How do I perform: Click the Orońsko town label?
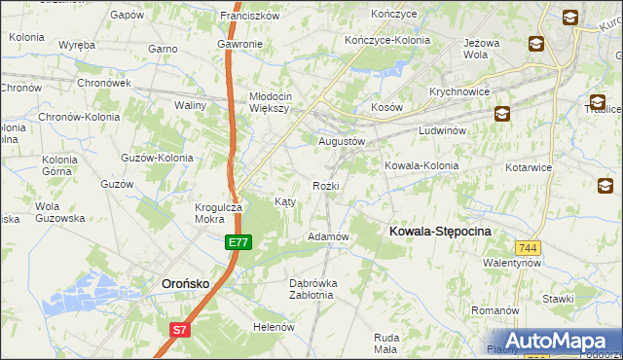[x=182, y=283]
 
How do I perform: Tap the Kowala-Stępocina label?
[x=440, y=231]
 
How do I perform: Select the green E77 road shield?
[x=238, y=242]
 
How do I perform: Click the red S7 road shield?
[x=179, y=330]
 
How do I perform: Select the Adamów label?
[x=328, y=236]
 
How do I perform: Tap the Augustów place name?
[x=342, y=140]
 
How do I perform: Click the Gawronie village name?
[x=239, y=45]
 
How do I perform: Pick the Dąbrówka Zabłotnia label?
[x=311, y=289]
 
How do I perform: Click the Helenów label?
[x=274, y=327]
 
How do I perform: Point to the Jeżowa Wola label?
[x=489, y=49]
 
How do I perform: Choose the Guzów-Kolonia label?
[x=156, y=157]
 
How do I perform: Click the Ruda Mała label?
[x=385, y=342]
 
